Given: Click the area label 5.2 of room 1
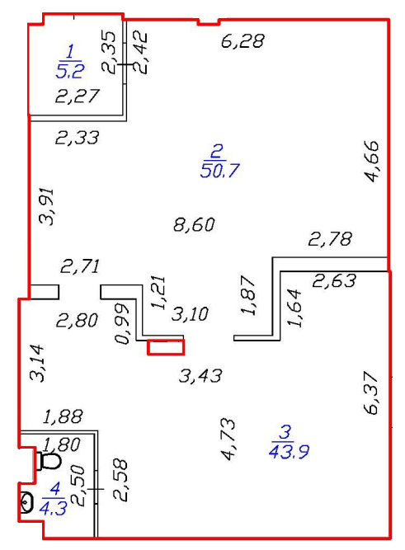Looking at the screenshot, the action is pos(70,71).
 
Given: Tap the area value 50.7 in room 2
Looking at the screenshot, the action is pos(219,171).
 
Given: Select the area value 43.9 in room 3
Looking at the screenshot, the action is pos(289,451).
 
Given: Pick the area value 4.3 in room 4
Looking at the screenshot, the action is pos(53,508).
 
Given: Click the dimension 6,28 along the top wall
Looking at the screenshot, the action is pos(243,40).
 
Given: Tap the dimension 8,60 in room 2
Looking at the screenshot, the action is pos(194,224).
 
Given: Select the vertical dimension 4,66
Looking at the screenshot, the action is pos(372,162).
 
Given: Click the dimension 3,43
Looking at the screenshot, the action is pos(200,376).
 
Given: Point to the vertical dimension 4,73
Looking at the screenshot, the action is pos(228,439).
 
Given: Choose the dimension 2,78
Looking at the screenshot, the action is pos(330,239).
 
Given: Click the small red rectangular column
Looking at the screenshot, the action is pos(166,347).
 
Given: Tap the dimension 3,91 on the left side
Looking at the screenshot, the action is pos(47,206).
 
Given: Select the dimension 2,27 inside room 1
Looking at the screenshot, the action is pos(78,96).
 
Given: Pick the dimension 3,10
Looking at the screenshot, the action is pos(190,313).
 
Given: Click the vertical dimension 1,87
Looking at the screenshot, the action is pos(248,295).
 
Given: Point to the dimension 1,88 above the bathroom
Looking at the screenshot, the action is pos(64,416).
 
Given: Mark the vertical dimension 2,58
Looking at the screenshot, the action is pos(120,480).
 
